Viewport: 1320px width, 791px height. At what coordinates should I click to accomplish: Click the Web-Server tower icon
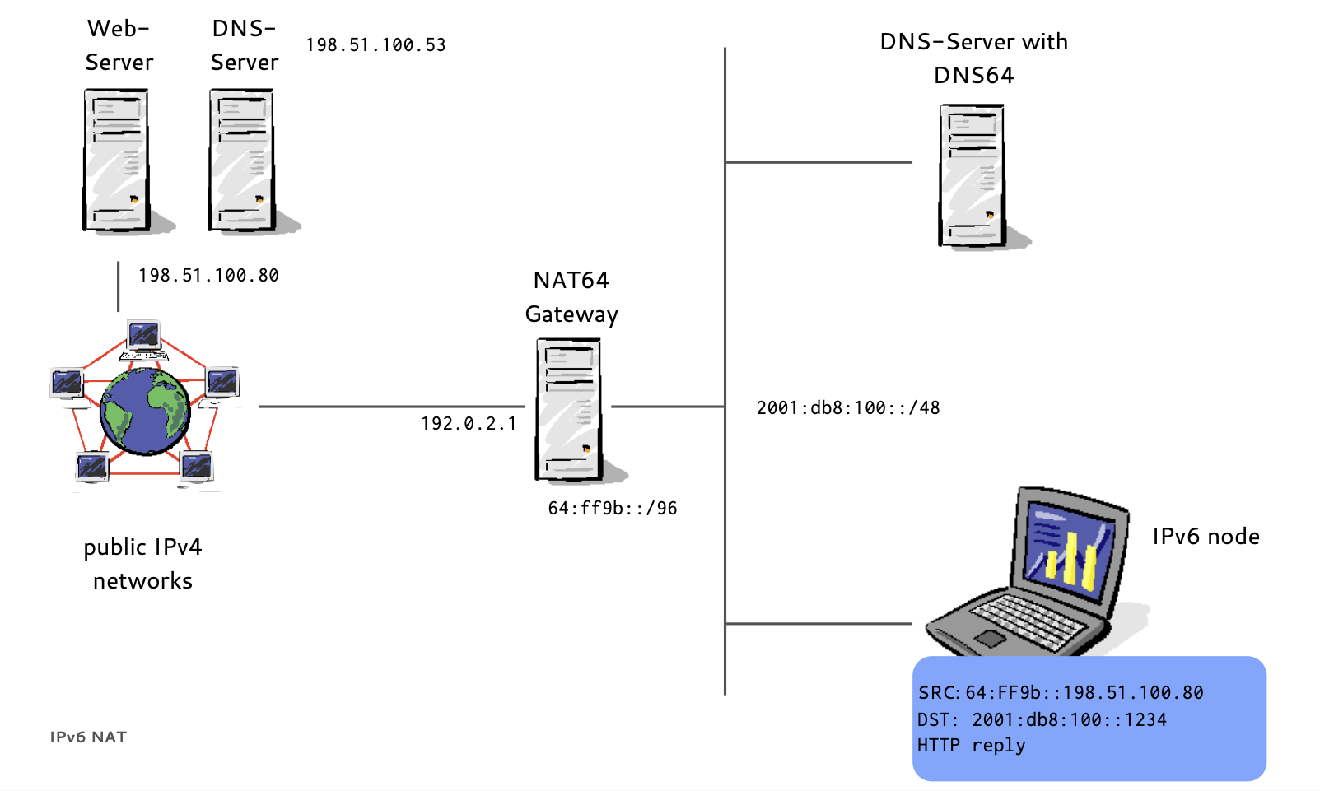(x=116, y=160)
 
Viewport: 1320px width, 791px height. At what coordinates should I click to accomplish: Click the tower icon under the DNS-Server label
(x=241, y=160)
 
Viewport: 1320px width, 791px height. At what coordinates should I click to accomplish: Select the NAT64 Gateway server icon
(x=569, y=409)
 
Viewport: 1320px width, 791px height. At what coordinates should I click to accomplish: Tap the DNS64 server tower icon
(x=973, y=174)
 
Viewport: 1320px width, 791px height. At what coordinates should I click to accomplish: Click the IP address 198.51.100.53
(x=375, y=45)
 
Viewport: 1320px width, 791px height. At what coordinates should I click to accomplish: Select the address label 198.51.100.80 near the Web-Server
(x=208, y=276)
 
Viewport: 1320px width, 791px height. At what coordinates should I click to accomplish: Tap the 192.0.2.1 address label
(x=469, y=424)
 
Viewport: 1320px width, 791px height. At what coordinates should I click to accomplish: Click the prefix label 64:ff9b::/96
(x=613, y=509)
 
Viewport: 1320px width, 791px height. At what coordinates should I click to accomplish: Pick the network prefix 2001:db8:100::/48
(x=848, y=408)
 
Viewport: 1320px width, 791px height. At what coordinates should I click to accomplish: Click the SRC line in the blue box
(x=1061, y=693)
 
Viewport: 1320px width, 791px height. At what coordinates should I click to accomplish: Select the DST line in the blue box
(x=1042, y=720)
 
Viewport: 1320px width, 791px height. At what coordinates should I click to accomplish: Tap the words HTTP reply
(x=972, y=746)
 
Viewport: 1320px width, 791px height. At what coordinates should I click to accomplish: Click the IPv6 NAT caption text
(x=88, y=737)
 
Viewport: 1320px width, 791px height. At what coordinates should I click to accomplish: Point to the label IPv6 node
(x=1206, y=537)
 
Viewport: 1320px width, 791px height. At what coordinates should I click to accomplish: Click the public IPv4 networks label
(x=142, y=564)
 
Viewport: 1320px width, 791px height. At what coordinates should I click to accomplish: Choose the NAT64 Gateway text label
(x=571, y=297)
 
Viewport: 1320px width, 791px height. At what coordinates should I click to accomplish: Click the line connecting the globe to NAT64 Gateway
(x=391, y=406)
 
